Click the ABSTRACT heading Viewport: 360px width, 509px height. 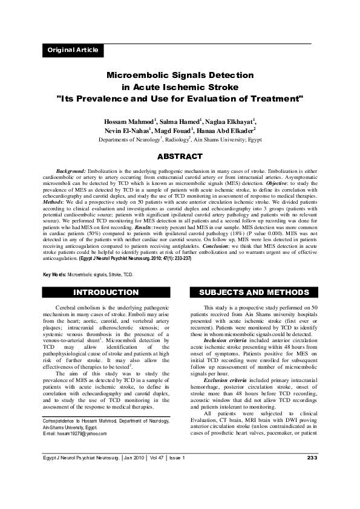click(x=180, y=157)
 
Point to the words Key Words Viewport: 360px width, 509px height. click(x=53, y=274)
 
